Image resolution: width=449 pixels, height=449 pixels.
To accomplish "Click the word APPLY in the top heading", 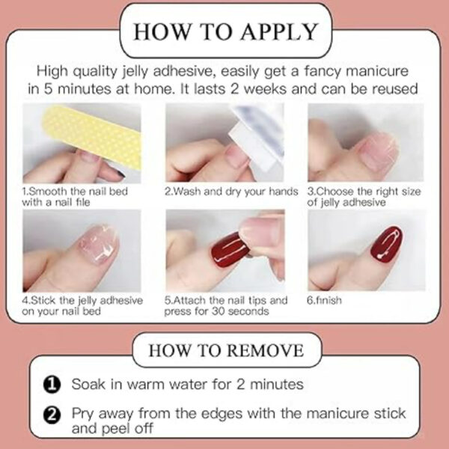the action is coord(279,31).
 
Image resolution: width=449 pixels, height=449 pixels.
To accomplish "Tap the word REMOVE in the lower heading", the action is coord(266,350).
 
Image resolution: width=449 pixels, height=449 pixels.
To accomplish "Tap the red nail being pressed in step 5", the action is coord(230,250).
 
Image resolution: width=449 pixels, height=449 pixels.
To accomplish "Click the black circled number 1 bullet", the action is coord(52,385).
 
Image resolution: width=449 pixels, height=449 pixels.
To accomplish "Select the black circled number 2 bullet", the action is coord(52,415).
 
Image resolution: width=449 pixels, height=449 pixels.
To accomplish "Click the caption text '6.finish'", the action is coord(324,300).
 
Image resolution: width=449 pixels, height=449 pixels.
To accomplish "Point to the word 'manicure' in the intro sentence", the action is coord(377,71).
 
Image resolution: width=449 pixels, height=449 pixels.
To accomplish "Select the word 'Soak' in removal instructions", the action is coord(88,384).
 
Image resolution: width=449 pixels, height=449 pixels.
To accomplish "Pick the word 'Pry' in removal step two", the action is coord(82,414).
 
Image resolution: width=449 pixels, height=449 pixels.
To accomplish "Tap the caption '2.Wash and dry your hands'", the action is coord(231,192).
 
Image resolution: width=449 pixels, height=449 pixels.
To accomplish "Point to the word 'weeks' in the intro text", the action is coord(265,89).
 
